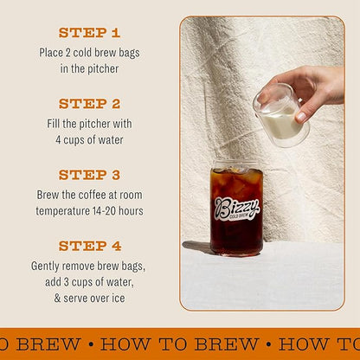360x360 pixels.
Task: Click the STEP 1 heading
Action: tap(89, 33)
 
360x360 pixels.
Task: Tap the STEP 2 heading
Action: tap(89, 103)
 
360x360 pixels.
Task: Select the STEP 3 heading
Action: tap(89, 174)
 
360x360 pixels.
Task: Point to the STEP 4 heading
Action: tap(89, 245)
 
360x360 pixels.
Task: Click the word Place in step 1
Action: tap(53, 52)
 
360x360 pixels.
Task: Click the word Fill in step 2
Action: tap(56, 123)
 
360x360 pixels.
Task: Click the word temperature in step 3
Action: tap(65, 210)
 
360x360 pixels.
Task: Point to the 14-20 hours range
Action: tap(119, 210)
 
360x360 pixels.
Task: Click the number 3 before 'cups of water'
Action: tap(68, 281)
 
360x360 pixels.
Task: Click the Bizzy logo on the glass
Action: tap(235, 208)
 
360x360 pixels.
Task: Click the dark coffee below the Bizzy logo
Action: tap(235, 238)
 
